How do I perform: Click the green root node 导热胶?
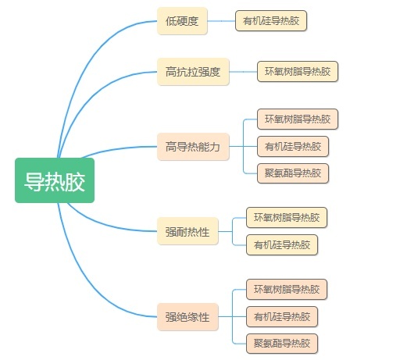[x=55, y=180]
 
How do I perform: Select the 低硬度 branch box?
[x=182, y=21]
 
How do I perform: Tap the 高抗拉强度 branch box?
[x=193, y=72]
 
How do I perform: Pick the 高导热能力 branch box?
[x=193, y=147]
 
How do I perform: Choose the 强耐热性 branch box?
[x=187, y=231]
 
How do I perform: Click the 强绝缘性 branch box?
[x=187, y=317]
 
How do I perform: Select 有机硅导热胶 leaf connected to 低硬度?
[x=271, y=21]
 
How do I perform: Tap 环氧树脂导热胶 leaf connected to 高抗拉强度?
[x=298, y=72]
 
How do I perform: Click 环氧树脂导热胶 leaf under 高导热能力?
[x=298, y=119]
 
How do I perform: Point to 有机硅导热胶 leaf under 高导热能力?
[x=293, y=147]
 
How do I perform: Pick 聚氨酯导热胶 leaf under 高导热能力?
[x=293, y=173]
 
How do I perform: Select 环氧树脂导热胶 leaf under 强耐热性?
[x=287, y=218]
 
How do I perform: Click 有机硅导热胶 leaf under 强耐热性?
[x=282, y=244]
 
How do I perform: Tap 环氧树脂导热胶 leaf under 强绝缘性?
[x=287, y=290]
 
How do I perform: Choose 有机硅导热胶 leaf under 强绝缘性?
[x=282, y=317]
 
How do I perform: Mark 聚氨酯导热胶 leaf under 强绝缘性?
[x=282, y=344]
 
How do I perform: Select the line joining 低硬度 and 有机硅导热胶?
[x=221, y=21]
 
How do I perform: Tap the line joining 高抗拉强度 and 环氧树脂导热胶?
[x=243, y=72]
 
